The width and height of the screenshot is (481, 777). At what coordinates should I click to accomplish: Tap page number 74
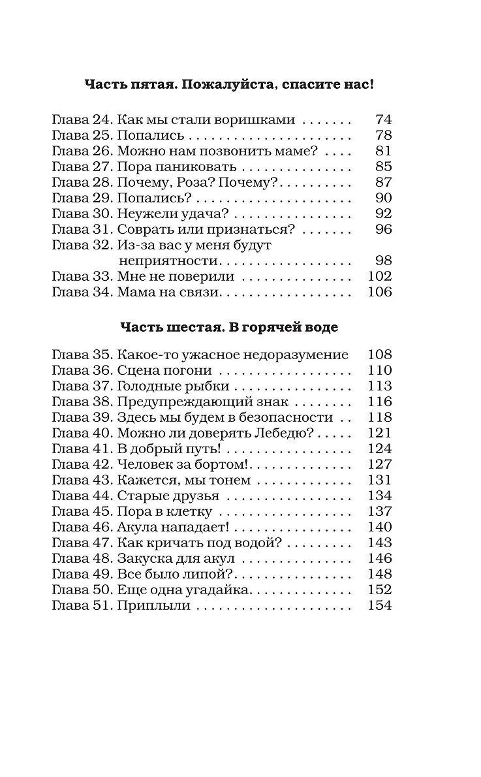pos(383,120)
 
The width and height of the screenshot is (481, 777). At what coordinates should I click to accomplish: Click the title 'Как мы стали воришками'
pos(206,120)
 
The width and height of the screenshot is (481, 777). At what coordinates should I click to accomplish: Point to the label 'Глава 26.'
pos(82,151)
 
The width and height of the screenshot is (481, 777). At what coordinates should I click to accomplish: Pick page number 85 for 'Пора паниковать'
pos(383,167)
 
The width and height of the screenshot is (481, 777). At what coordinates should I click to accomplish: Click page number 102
pos(380,277)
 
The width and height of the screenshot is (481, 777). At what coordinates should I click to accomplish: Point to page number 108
pos(380,355)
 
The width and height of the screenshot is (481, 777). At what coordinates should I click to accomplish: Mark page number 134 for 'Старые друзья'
pos(380,496)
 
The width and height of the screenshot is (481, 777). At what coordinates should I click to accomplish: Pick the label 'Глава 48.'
pos(82,559)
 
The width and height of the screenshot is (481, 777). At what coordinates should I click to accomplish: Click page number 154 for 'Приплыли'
pos(380,606)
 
